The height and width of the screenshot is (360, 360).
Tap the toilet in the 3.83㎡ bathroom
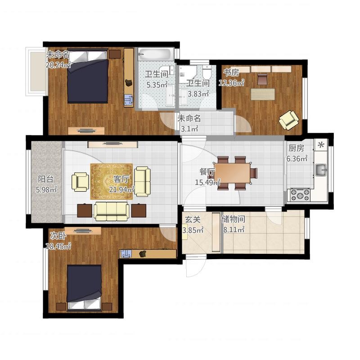(x=207, y=71)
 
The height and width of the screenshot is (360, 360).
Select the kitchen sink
(x=321, y=170)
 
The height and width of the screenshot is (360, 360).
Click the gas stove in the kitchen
(x=300, y=195)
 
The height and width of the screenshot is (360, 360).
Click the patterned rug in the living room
(x=112, y=181)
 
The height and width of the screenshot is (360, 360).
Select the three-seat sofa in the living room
(x=111, y=211)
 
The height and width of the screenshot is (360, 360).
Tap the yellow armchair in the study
(x=289, y=119)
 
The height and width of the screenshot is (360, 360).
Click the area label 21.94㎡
(x=121, y=189)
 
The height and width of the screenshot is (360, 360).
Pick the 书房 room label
(x=231, y=72)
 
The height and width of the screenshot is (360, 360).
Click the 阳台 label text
(x=46, y=179)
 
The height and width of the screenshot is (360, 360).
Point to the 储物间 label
(x=233, y=219)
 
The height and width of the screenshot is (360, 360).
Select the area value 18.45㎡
(x=58, y=246)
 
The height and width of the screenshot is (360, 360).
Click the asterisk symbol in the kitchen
(x=321, y=144)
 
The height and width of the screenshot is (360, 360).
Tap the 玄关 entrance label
(x=193, y=220)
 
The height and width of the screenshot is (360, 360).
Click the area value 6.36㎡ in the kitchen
(x=297, y=158)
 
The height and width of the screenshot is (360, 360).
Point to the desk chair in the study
(x=262, y=80)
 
